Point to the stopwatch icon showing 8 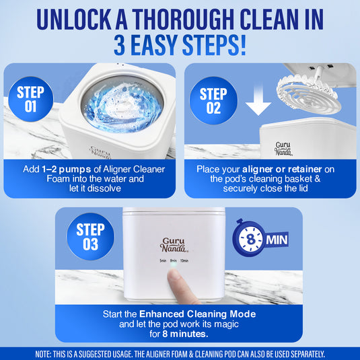pyautogui.click(x=250, y=239)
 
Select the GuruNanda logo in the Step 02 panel pyautogui.click(x=283, y=147)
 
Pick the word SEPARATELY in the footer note pyautogui.click(x=302, y=353)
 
